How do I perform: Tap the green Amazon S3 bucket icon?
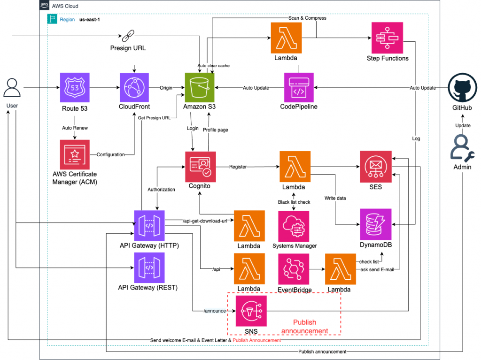pyautogui.click(x=200, y=88)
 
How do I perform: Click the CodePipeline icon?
pyautogui.click(x=299, y=88)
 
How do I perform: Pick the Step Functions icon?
pyautogui.click(x=387, y=38)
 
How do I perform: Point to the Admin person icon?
pyautogui.click(x=462, y=148)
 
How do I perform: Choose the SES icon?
pyautogui.click(x=375, y=167)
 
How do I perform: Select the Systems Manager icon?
pyautogui.click(x=294, y=226)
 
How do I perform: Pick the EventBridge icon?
pyautogui.click(x=294, y=269)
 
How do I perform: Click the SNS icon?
pyautogui.click(x=251, y=311)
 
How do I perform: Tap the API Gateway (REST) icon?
pyautogui.click(x=149, y=268)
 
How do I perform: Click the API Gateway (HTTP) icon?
pyautogui.click(x=149, y=226)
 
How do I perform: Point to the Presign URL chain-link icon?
pyautogui.click(x=128, y=36)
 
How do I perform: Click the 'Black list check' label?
pyautogui.click(x=294, y=202)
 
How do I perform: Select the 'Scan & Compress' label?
pyautogui.click(x=307, y=18)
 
